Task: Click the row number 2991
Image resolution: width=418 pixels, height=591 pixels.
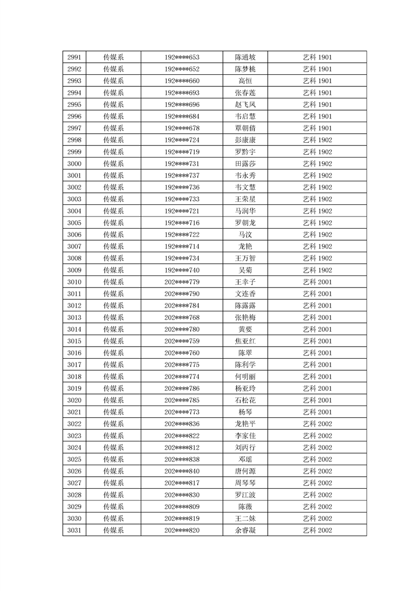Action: point(74,57)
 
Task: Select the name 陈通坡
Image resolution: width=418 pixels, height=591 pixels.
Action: point(245,57)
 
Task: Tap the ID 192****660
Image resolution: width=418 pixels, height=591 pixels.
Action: point(182,81)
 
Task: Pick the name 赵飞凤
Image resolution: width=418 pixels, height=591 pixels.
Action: point(245,105)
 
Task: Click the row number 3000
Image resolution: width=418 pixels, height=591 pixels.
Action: point(74,164)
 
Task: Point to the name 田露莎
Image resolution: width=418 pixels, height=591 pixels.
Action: point(245,164)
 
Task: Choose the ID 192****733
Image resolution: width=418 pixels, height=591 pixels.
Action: point(182,199)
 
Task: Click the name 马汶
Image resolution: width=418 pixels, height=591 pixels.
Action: point(245,235)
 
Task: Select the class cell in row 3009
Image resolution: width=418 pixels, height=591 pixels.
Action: point(317,270)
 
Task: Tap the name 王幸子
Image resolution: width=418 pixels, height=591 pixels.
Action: point(245,282)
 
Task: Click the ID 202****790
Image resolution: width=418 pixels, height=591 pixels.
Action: point(182,294)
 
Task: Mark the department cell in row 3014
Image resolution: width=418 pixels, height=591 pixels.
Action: point(113,329)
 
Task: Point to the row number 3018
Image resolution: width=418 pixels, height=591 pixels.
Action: point(74,377)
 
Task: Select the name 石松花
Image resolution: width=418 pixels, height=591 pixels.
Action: point(245,400)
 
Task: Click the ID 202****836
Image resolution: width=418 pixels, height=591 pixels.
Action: point(182,424)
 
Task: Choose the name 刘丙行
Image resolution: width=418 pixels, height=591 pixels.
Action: point(245,448)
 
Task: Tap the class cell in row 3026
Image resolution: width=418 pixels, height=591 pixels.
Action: point(317,471)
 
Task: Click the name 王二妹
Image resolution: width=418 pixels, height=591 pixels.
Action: point(245,518)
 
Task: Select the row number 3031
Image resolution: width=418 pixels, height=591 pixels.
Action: point(74,530)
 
